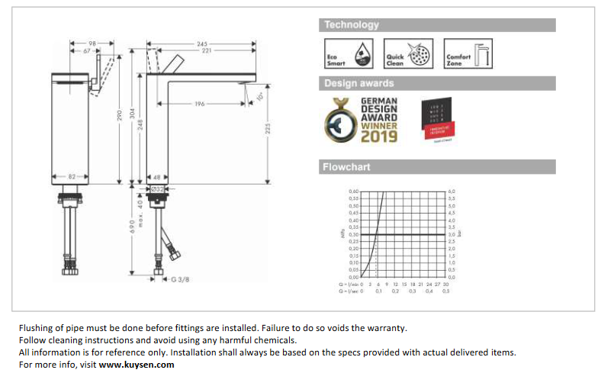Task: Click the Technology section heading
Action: click(352, 25)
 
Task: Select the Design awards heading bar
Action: click(359, 83)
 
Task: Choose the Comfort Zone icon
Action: click(468, 54)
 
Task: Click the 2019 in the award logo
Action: click(378, 137)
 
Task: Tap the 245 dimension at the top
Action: click(202, 43)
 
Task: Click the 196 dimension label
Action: click(200, 104)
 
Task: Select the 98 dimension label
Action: click(92, 43)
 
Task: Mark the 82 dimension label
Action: click(73, 176)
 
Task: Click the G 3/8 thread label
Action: click(179, 279)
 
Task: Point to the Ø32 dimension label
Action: click(157, 188)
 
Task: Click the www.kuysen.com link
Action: click(137, 365)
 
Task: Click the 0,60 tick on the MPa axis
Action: click(353, 191)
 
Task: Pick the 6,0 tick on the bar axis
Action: click(452, 191)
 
